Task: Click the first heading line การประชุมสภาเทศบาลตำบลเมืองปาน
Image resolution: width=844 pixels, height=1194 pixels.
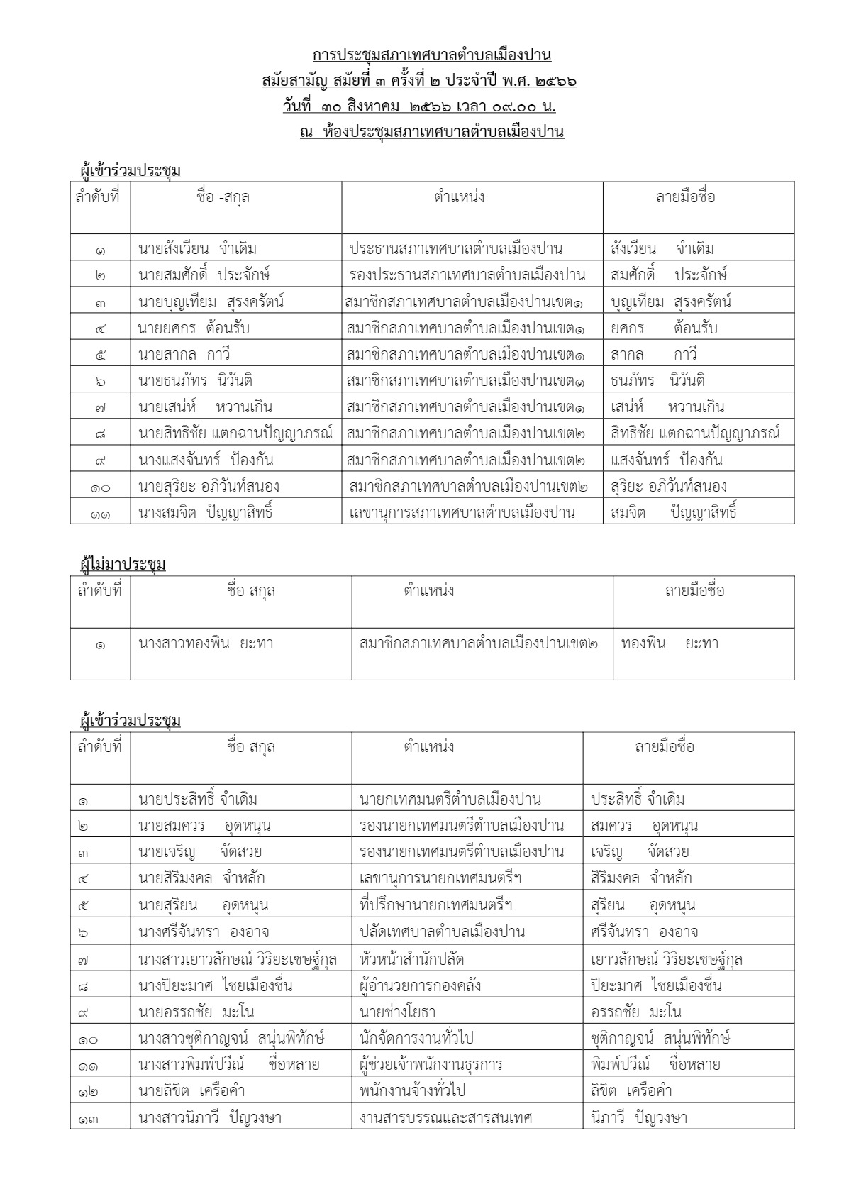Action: [431, 55]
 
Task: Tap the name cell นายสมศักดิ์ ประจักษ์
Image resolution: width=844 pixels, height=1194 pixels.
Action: [204, 275]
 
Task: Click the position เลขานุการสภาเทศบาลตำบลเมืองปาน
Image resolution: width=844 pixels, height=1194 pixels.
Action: [462, 512]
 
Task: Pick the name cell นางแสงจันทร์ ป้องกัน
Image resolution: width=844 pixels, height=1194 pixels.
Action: [206, 460]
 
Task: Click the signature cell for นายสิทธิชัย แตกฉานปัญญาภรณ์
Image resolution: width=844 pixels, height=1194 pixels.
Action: [695, 433]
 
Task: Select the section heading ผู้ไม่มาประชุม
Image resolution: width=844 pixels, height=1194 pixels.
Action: [123, 565]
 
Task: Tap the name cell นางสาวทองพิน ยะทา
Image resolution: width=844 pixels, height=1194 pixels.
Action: [206, 644]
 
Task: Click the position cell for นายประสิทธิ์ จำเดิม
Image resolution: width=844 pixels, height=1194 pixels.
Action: [450, 800]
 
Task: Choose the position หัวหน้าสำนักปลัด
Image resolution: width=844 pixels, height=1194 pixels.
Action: [412, 959]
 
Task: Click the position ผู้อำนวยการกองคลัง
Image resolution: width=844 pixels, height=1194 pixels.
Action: [421, 985]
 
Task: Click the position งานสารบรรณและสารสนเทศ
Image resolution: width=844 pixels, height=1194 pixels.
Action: [446, 1118]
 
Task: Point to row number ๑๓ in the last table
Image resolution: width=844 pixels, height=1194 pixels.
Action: [89, 1119]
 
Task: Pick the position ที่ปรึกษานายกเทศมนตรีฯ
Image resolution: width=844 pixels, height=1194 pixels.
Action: [436, 905]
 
